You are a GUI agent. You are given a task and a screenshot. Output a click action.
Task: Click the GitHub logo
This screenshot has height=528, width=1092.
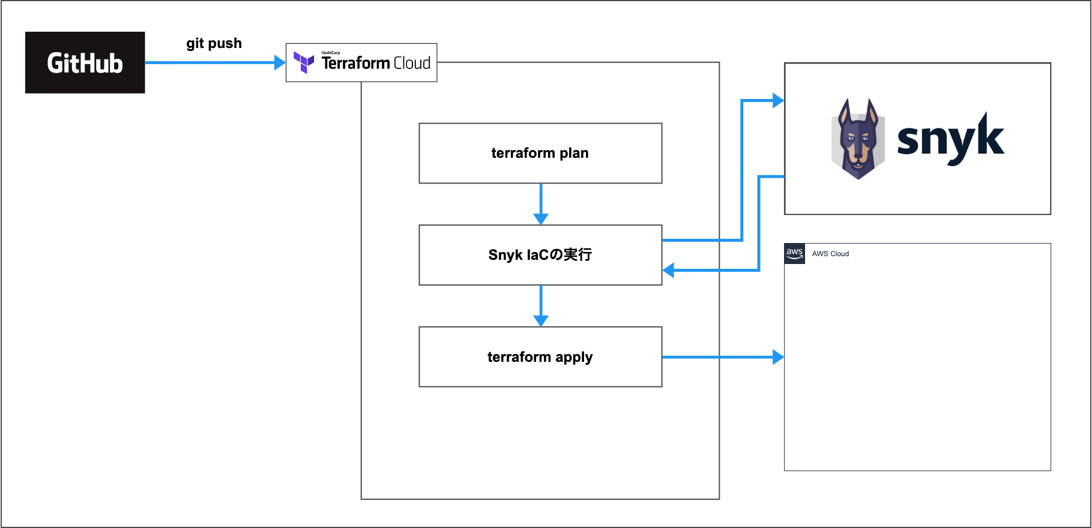tap(85, 62)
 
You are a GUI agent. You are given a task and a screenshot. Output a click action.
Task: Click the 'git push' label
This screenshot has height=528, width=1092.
tap(214, 43)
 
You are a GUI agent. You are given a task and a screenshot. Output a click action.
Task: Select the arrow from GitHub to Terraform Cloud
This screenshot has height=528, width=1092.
tap(210, 62)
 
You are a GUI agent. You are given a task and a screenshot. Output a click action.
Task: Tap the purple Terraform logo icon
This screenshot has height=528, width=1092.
tap(304, 62)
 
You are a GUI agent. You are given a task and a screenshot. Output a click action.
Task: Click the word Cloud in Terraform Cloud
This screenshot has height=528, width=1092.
tap(412, 63)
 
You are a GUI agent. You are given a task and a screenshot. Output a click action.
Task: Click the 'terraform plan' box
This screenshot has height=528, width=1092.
tap(540, 153)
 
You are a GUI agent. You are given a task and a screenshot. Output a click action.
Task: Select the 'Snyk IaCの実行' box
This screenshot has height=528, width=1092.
tap(540, 255)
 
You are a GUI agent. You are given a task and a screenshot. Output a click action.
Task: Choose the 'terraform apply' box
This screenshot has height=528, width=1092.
tap(540, 357)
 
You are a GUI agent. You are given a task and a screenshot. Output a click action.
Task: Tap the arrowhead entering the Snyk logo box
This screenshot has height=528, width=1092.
tap(778, 101)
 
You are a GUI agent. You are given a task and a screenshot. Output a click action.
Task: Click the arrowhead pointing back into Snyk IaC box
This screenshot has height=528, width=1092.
tap(669, 271)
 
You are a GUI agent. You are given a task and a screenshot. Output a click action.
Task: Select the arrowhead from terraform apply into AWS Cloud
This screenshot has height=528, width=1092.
tap(778, 357)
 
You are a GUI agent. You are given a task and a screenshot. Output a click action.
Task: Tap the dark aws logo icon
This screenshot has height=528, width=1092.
tap(794, 253)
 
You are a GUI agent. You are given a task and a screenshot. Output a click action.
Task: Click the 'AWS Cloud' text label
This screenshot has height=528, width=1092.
tap(830, 254)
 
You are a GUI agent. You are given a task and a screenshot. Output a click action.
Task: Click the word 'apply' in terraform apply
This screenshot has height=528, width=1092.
tap(574, 358)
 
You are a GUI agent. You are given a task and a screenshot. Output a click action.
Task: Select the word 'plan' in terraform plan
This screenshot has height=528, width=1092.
tap(574, 154)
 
